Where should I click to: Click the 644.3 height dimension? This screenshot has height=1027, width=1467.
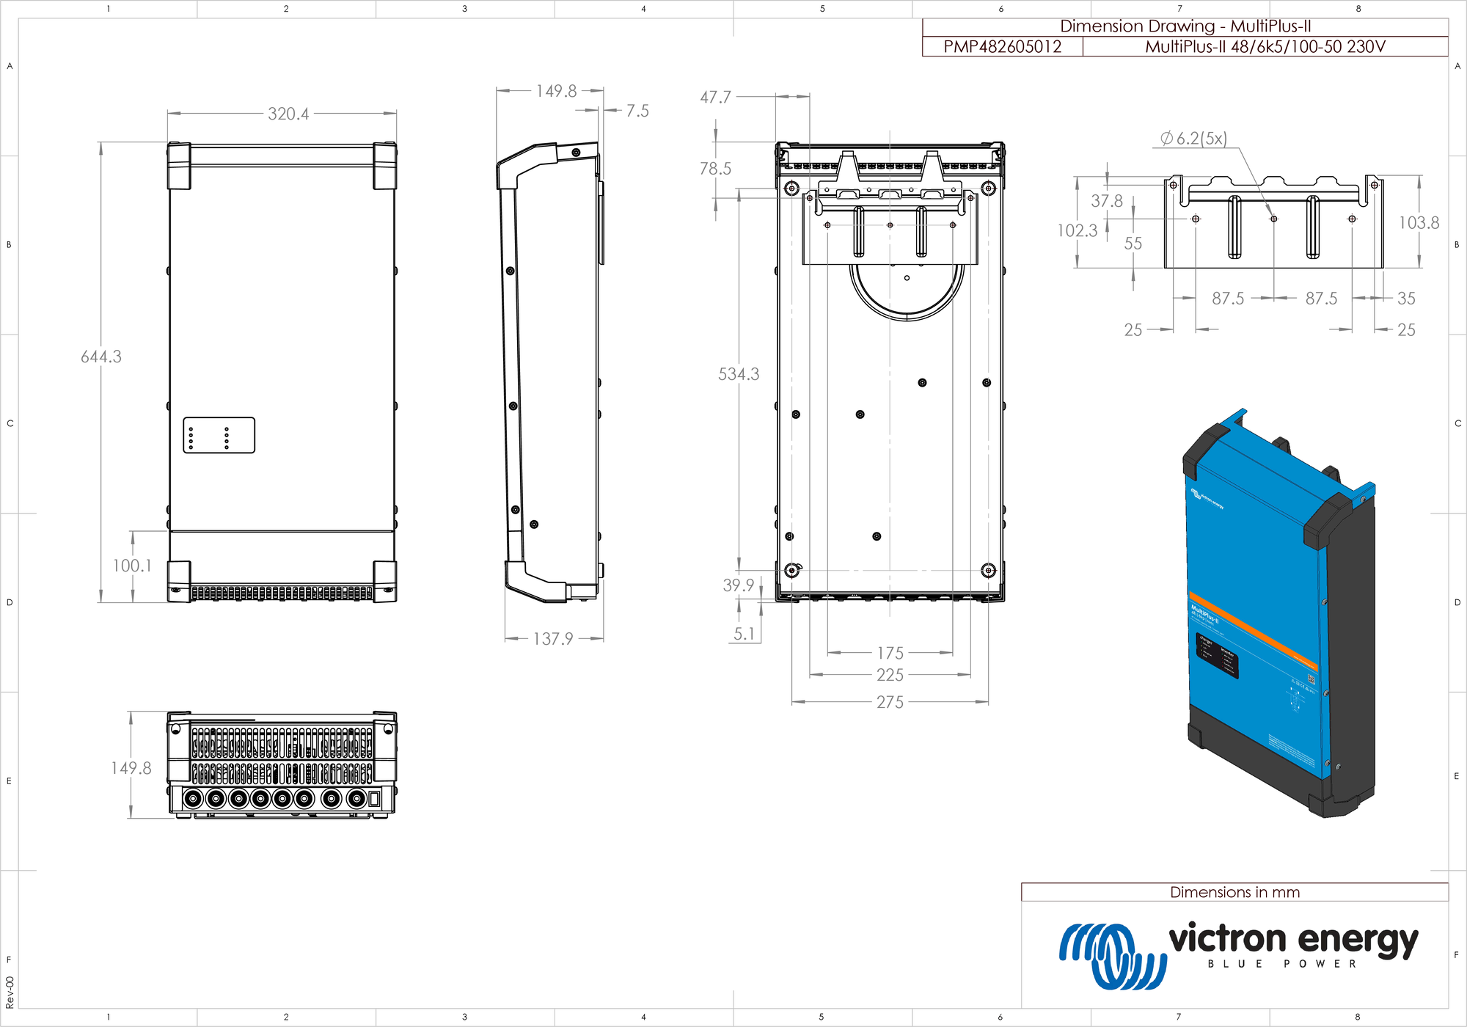pyautogui.click(x=101, y=357)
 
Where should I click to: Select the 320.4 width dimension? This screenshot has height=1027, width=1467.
pyautogui.click(x=288, y=114)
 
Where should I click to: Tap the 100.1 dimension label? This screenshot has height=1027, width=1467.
pyautogui.click(x=132, y=566)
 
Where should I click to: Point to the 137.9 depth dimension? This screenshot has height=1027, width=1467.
pyautogui.click(x=553, y=639)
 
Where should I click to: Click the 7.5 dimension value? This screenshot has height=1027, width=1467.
pyautogui.click(x=637, y=111)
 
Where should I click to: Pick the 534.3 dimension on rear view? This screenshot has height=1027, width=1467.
pyautogui.click(x=739, y=374)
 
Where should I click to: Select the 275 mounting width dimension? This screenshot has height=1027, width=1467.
pyautogui.click(x=890, y=702)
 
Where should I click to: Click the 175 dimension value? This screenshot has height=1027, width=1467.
pyautogui.click(x=890, y=653)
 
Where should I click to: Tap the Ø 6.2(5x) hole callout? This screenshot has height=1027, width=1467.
pyautogui.click(x=1193, y=138)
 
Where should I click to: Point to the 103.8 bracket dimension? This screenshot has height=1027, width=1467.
pyautogui.click(x=1419, y=222)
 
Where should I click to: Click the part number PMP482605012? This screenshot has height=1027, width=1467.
pyautogui.click(x=1002, y=47)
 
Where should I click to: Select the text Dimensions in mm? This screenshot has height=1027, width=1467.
pyautogui.click(x=1234, y=892)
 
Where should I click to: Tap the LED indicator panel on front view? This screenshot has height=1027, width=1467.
pyautogui.click(x=219, y=436)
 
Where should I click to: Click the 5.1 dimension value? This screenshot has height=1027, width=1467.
pyautogui.click(x=744, y=634)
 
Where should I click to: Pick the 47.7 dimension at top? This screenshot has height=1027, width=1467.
pyautogui.click(x=715, y=97)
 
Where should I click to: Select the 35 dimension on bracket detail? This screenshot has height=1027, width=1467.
pyautogui.click(x=1406, y=299)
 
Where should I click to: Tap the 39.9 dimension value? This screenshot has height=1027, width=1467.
pyautogui.click(x=738, y=585)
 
